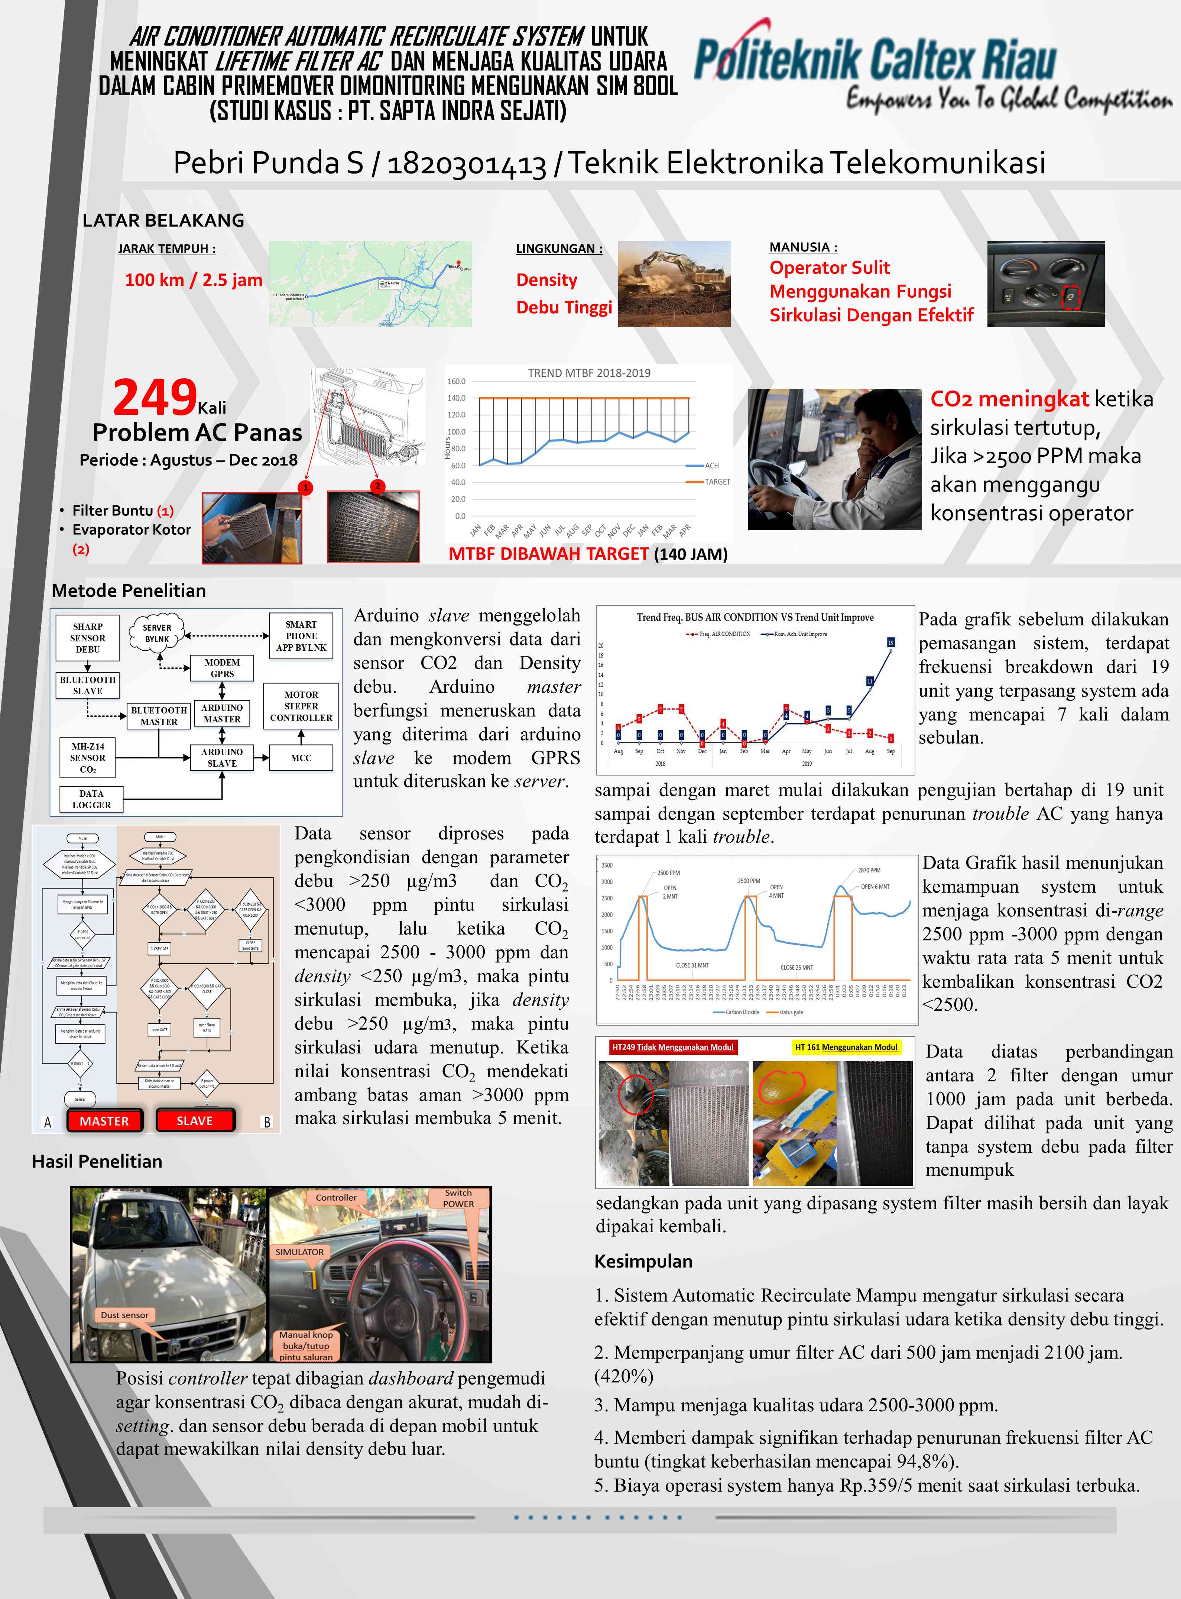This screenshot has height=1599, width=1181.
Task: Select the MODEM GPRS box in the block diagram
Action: pos(222,668)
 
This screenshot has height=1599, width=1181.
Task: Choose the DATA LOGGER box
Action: pos(91,799)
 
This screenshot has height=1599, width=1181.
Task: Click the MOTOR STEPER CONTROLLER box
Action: pos(301,706)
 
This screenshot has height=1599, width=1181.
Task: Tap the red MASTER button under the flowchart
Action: pos(104,1121)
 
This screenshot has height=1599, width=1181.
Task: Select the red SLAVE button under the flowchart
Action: pos(194,1121)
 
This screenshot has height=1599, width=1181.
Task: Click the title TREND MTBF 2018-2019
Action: pos(589,373)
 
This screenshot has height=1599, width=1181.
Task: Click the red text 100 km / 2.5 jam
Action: pos(193,279)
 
